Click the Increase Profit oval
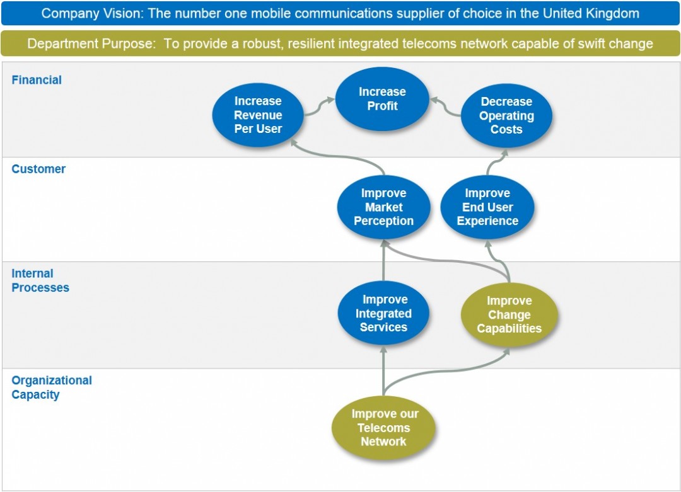[382, 99]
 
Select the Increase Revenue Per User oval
[258, 115]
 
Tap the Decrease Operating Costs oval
[506, 115]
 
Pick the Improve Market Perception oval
[383, 207]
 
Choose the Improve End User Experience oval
[487, 207]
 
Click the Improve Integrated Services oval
[383, 313]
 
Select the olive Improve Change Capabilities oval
[509, 314]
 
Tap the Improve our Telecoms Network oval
[384, 428]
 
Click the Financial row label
[37, 80]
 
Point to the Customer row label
[38, 169]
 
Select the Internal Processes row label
[40, 280]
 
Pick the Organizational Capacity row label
[52, 387]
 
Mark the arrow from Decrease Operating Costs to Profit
[445, 107]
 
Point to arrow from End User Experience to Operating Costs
[495, 161]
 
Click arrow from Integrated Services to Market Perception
[383, 261]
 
